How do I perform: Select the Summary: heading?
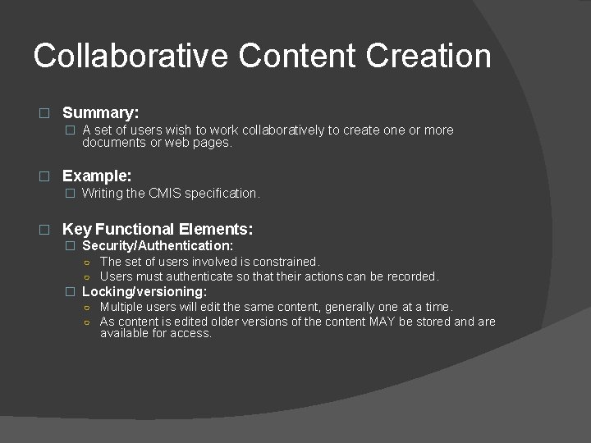coord(101,112)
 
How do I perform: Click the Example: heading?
coord(97,176)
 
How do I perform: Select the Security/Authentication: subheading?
coord(158,245)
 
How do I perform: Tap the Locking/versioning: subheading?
coord(144,291)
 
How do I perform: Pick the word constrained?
coord(281,262)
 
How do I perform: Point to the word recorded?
coord(410,276)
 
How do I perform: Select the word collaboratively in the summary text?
coord(277,130)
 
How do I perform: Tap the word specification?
coord(222,194)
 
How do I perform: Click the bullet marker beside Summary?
coord(45,113)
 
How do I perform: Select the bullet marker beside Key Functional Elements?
coord(45,231)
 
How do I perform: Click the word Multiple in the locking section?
coord(122,307)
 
